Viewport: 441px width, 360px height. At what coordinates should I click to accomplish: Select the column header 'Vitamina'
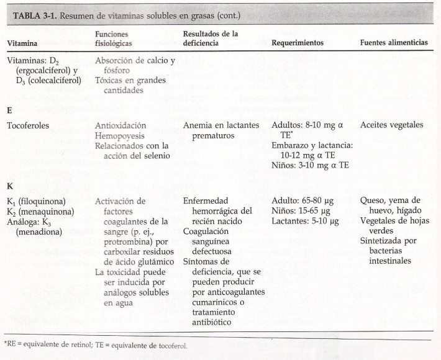pos(22,43)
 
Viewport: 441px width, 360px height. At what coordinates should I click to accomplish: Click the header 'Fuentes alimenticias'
pos(394,43)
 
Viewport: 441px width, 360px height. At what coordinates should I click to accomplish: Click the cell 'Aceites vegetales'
pos(391,125)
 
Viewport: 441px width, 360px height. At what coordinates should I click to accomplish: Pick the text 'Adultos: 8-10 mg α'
pos(307,125)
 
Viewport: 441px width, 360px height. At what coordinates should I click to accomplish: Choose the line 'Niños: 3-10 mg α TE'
pos(310,165)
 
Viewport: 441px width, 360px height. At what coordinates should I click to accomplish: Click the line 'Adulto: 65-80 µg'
pos(305,201)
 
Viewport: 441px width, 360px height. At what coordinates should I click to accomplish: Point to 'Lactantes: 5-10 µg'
pos(305,221)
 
